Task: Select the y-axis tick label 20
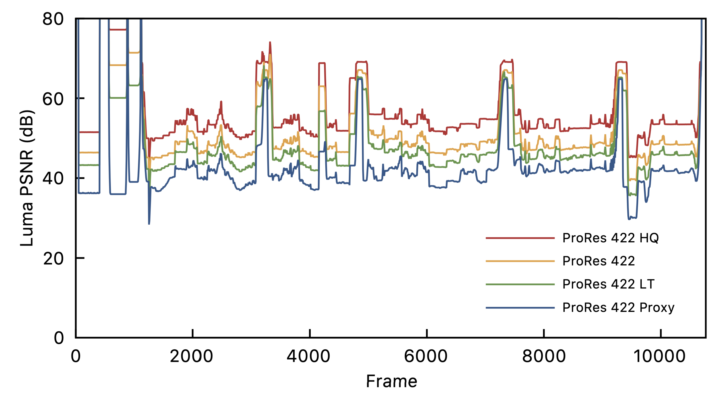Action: (53, 258)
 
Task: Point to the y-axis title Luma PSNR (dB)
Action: (27, 178)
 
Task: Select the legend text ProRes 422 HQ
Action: (610, 238)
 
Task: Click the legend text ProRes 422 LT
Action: (608, 284)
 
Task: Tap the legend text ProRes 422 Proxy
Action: (618, 308)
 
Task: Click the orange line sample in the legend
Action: (520, 261)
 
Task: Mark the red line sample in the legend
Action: (520, 238)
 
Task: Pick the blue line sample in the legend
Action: (520, 308)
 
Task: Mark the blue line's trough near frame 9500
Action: (629, 218)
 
